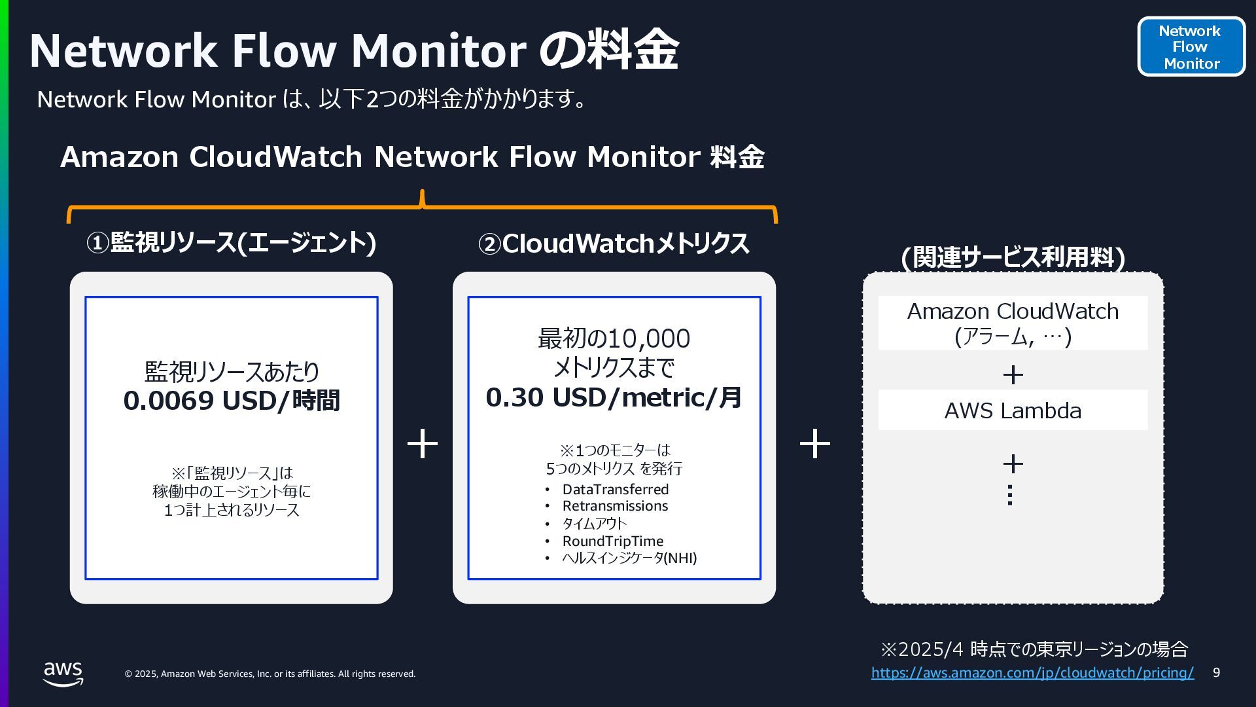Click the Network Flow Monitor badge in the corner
pos(1191,47)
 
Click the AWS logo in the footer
pos(63,674)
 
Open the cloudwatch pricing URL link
pos(1032,673)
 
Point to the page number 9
pos(1216,673)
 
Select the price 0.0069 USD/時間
pos(232,401)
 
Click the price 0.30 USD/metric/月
pos(614,397)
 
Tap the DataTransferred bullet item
pos(615,490)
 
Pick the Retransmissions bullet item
pos(615,506)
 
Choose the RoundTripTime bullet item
pos(612,541)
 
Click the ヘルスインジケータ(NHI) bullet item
pos(629,558)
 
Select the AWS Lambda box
pos(1012,410)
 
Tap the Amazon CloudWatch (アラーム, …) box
pos(1012,323)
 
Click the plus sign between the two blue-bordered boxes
pos(423,444)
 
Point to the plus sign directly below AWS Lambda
pos(1013,464)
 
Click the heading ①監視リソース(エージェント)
pos(232,243)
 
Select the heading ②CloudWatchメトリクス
pos(614,244)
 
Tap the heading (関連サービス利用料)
pos(1013,257)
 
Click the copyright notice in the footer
pos(270,674)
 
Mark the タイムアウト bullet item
pos(594,524)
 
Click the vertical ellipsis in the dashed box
pos(1010,495)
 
